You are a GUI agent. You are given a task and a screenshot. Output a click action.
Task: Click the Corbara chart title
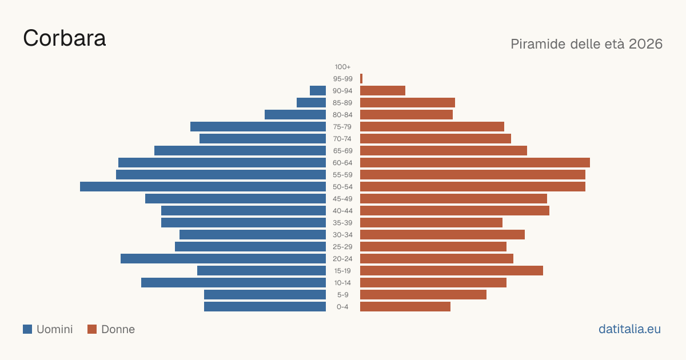(64, 38)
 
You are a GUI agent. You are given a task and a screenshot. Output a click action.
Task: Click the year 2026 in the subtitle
(645, 44)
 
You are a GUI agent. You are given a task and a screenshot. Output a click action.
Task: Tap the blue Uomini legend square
(27, 329)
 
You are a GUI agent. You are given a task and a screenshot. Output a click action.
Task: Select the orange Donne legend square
(92, 329)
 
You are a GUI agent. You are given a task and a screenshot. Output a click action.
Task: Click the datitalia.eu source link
(629, 329)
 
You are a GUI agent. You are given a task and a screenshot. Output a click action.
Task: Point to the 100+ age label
(342, 67)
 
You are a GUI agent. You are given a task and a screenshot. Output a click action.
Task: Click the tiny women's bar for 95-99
(361, 79)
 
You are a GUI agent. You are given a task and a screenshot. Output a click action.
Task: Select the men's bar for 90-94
(318, 91)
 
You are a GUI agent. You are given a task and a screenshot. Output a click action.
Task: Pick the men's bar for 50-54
(203, 187)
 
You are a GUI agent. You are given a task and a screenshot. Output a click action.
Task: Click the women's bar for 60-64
(475, 162)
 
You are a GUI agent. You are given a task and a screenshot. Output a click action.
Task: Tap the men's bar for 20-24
(224, 259)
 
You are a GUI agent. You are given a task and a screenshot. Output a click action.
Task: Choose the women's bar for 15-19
(452, 271)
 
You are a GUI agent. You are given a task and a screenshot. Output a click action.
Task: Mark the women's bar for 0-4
(405, 307)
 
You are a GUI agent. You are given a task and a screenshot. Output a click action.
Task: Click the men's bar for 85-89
(311, 102)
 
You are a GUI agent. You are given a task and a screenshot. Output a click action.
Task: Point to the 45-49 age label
(342, 199)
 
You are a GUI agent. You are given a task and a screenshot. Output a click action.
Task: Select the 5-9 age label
(342, 295)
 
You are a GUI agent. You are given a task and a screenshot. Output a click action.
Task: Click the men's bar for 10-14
(234, 282)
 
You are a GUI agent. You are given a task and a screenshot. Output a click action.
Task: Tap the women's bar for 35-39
(431, 222)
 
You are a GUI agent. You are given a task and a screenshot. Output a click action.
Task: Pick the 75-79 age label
(342, 127)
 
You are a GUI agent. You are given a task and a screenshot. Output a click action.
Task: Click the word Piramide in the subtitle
(538, 44)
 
